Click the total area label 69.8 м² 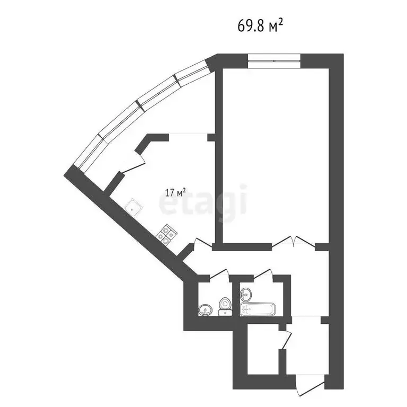coord(260,26)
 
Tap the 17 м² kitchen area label coord(175,192)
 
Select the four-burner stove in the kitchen coord(166,234)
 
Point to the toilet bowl coord(225,306)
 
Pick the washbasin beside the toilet coord(205,310)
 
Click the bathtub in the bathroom coord(258,309)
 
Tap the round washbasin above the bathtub coord(246,294)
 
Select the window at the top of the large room coord(274,61)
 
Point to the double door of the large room coord(293,241)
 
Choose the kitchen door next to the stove coord(203,242)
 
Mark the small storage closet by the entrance coord(263,349)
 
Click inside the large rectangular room coord(276,156)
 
